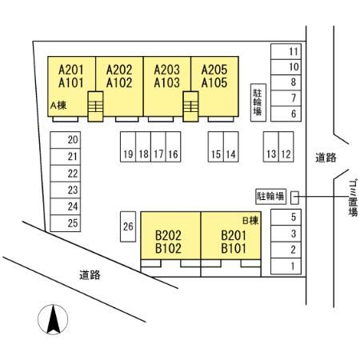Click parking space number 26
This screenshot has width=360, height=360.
point(128,226)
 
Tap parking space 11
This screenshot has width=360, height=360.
point(286,51)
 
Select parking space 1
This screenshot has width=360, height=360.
point(286,266)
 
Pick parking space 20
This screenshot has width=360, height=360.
point(66,140)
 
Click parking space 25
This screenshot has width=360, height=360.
point(66,223)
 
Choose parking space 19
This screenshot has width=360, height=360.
point(128,146)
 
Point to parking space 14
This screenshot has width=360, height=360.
point(231,146)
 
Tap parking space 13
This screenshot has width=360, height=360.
point(271,146)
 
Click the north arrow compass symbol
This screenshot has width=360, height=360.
point(53,319)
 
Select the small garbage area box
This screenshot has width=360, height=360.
point(294,198)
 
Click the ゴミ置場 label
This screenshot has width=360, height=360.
point(354,198)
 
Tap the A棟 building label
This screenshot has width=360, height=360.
point(58,106)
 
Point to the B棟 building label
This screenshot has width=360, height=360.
point(250,221)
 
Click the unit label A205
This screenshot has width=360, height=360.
point(214,70)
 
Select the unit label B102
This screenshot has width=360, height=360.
point(168,248)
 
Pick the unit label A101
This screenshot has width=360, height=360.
point(71,82)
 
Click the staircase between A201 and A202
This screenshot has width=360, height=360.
point(95,106)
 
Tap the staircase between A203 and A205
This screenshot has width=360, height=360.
point(190,106)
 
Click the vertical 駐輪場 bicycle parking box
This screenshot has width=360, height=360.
point(258,102)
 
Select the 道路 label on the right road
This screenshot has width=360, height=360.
point(326,158)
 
